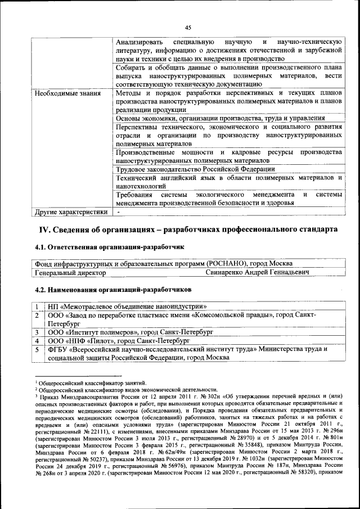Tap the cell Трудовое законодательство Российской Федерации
[195, 169]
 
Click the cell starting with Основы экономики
[220, 119]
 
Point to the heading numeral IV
[44, 229]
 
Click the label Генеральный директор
[70, 273]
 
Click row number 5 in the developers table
[37, 350]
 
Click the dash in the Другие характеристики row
[119, 212]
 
